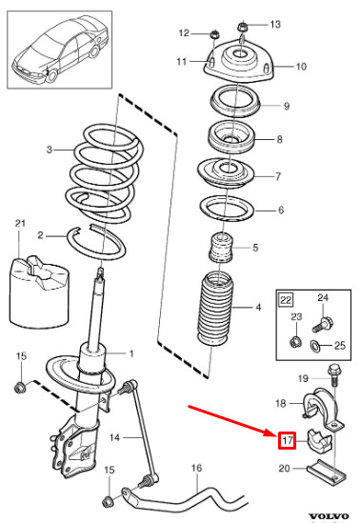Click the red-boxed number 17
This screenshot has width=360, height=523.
[x=288, y=440]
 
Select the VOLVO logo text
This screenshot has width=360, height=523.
[x=329, y=516]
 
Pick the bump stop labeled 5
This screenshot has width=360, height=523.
[x=221, y=247]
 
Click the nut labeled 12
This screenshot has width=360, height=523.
[x=214, y=34]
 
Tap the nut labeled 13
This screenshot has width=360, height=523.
[x=242, y=27]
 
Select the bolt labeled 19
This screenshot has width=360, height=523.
[x=333, y=374]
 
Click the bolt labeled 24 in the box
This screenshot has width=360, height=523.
[x=323, y=324]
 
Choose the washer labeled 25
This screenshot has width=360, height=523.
[x=315, y=346]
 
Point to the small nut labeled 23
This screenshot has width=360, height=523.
[x=295, y=342]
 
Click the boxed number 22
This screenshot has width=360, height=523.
[x=286, y=300]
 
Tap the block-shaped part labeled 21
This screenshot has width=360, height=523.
[x=39, y=291]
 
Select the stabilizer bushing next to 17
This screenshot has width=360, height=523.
[x=319, y=440]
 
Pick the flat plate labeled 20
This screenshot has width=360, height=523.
[x=326, y=471]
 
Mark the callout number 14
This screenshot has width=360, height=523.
[x=114, y=437]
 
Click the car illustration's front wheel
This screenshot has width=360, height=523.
[x=51, y=75]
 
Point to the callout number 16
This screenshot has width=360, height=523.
[x=196, y=468]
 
